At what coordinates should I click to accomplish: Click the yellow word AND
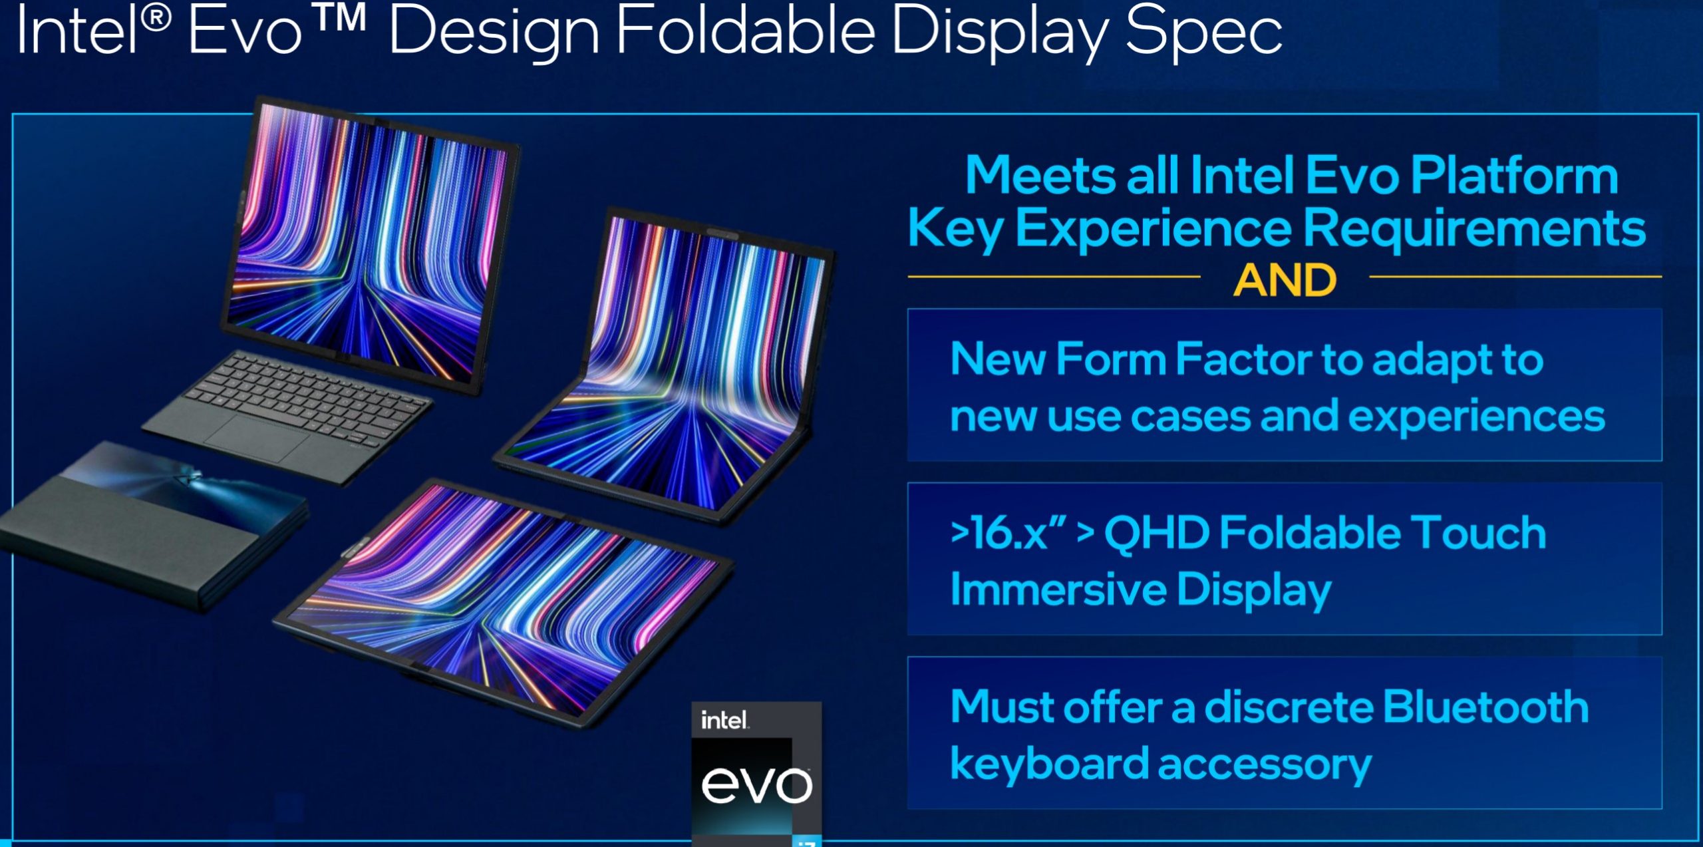click(1285, 280)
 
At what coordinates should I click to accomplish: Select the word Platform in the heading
click(1514, 176)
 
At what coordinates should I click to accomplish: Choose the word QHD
click(1156, 533)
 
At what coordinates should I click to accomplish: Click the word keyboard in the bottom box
click(1048, 763)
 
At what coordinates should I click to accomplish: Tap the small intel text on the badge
click(724, 720)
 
